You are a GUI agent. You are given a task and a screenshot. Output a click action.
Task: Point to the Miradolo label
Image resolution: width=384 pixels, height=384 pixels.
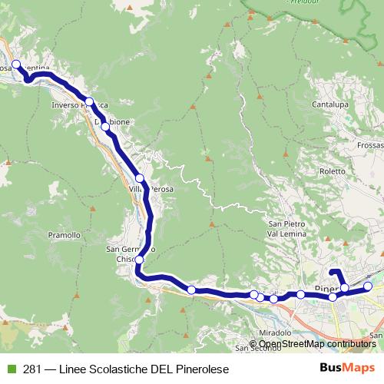pos(276,333)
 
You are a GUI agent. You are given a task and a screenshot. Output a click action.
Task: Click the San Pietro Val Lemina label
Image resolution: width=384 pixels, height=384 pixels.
pos(286,228)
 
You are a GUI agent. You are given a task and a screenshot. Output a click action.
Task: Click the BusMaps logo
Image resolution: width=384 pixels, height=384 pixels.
pos(346,368)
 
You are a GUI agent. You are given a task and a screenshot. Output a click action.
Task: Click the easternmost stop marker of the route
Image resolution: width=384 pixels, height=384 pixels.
pos(367,286)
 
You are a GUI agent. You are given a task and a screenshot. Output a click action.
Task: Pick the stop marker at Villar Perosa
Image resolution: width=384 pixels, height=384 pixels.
pos(140,178)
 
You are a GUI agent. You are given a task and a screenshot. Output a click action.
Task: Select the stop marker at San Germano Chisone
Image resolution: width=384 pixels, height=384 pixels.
pos(139,260)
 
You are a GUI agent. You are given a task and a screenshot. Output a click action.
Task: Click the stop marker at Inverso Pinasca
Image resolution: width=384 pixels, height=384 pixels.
pos(90,101)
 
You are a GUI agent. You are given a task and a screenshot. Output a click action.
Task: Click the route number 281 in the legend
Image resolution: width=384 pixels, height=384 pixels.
pos(33,368)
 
